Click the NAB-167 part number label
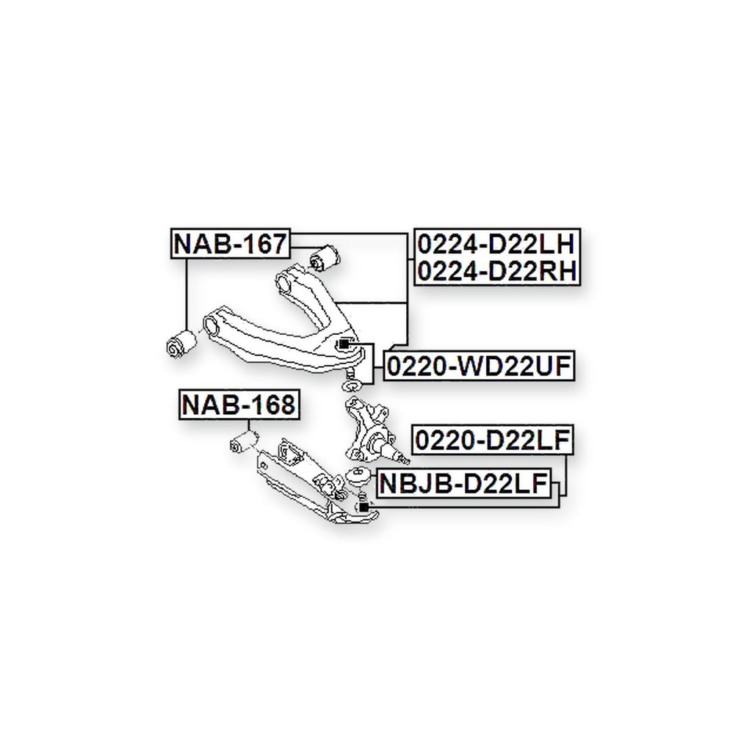point(231,244)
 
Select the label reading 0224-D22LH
point(496,244)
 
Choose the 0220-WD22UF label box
point(479,366)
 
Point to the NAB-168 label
point(239,405)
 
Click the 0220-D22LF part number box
point(493,440)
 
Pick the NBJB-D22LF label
point(464,483)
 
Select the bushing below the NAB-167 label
point(181,342)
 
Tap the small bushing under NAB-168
point(244,441)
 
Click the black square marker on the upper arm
point(344,344)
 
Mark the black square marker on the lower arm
point(364,507)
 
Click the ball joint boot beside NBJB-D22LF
point(358,476)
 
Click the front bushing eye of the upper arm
point(211,326)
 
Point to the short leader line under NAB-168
point(248,426)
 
